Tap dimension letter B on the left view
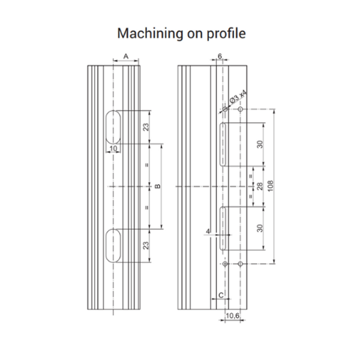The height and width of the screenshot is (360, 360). click(157, 187)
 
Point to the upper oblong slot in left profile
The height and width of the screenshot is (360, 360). click(113, 127)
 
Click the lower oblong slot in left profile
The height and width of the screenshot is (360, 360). click(113, 245)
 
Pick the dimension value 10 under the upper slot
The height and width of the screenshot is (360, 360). click(113, 148)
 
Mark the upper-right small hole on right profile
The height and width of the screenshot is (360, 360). click(240, 110)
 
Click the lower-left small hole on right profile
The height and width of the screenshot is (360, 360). click(224, 264)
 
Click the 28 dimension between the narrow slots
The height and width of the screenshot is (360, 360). click(260, 187)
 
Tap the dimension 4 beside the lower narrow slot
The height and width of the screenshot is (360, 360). click(207, 230)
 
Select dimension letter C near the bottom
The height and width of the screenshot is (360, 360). click(220, 295)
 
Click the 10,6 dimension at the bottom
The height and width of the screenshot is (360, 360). click(233, 314)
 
